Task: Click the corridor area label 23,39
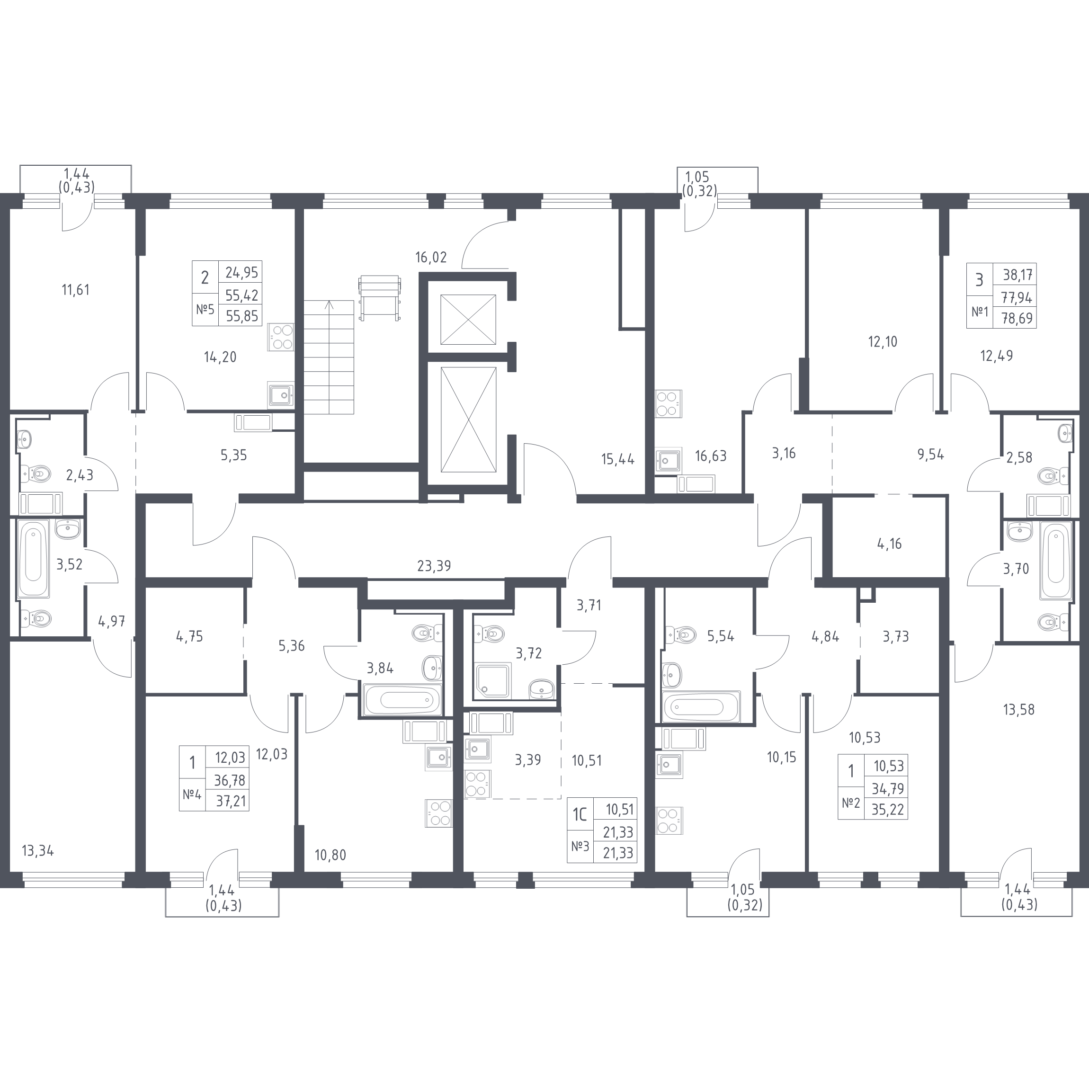434,565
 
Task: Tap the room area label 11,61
76,290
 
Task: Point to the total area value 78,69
1017,319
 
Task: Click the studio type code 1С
580,814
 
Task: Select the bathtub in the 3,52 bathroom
33,559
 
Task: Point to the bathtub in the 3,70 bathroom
1056,561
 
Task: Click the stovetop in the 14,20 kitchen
281,337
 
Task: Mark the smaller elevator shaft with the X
468,319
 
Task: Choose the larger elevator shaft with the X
468,420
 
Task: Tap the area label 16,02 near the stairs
431,258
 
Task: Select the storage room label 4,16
890,544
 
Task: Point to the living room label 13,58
1018,710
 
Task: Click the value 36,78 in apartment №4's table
230,780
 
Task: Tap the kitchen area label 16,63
710,456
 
